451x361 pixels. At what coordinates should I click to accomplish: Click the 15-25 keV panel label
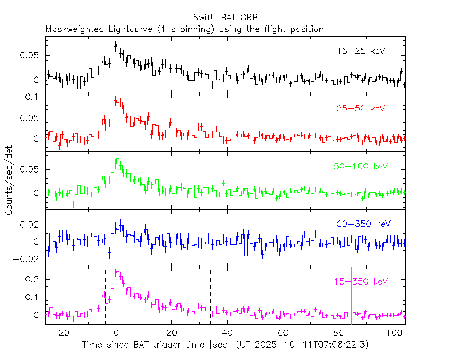(x=360, y=51)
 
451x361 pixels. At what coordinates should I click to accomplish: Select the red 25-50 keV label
(x=360, y=109)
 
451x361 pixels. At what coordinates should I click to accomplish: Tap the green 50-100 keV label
(x=361, y=167)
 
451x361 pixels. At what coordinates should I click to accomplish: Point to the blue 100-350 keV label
(x=360, y=224)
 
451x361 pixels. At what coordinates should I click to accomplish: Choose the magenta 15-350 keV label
(x=361, y=281)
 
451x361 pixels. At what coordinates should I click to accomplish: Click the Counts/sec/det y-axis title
(x=10, y=180)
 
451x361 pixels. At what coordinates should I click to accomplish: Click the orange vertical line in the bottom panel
(x=351, y=295)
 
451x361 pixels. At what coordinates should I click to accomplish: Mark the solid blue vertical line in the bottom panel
(x=165, y=295)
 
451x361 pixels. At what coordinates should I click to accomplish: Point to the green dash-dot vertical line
(x=118, y=297)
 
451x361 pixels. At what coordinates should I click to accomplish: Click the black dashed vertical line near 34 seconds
(x=211, y=295)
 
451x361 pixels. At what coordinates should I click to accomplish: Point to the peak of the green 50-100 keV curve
(x=118, y=156)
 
